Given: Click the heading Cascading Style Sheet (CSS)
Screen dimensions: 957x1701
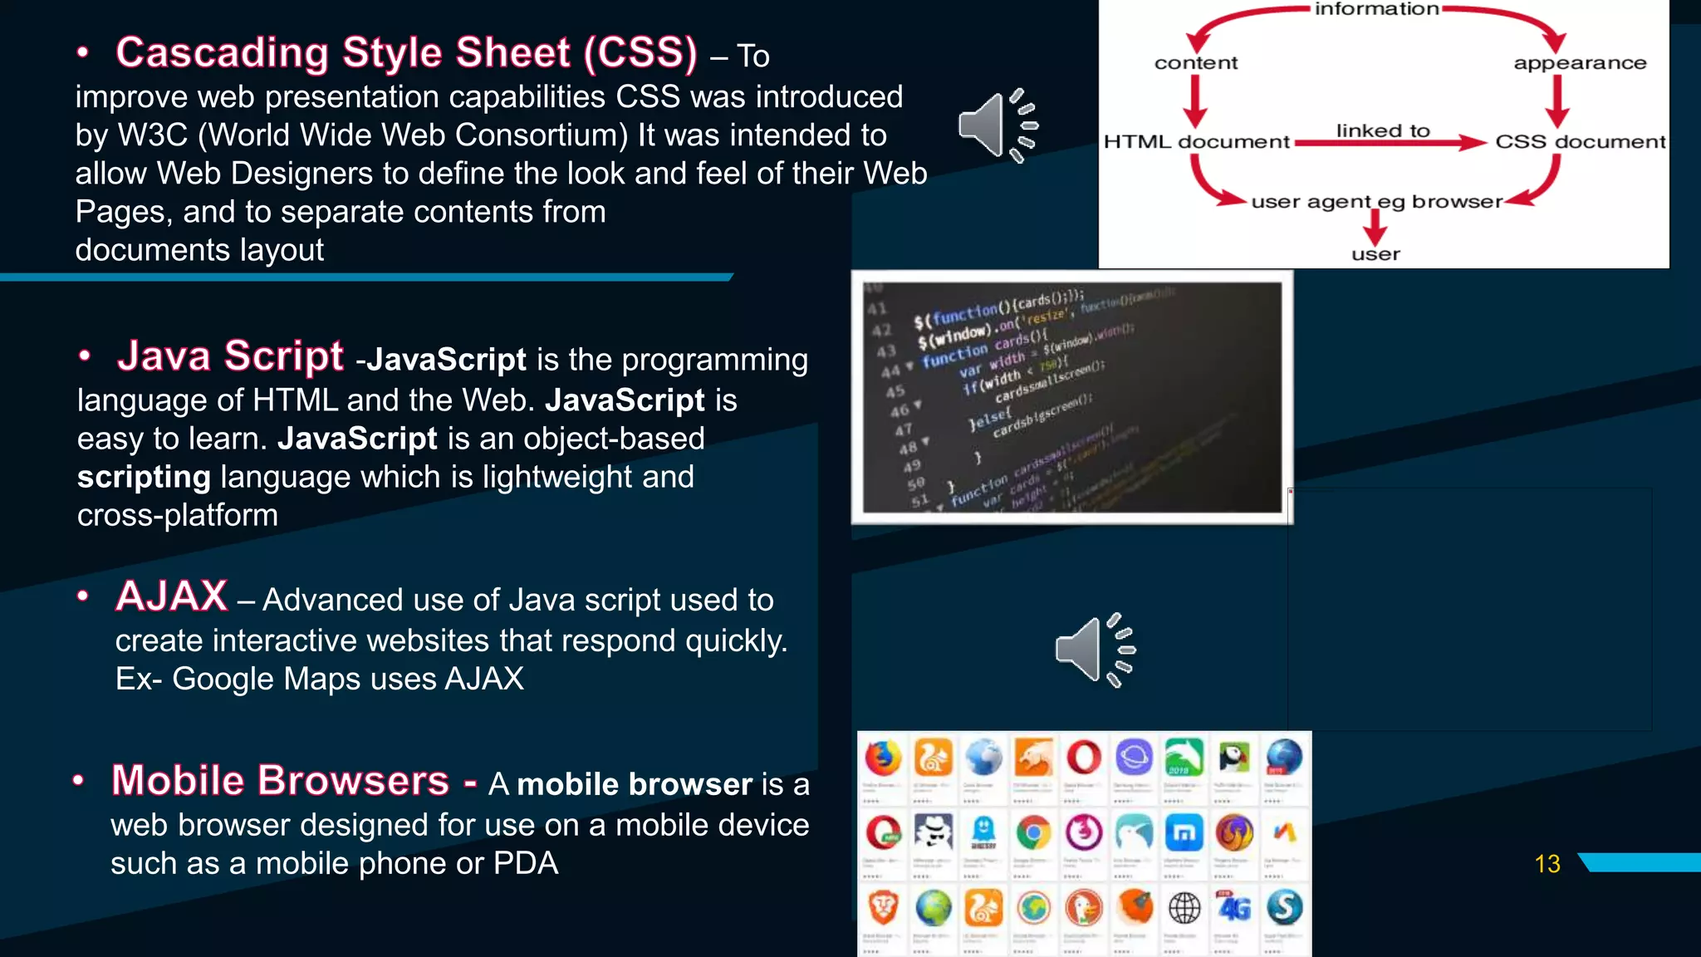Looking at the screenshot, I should click(x=406, y=53).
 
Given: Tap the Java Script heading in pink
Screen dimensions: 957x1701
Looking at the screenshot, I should click(x=230, y=356).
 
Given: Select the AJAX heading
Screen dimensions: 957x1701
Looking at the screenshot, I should click(x=172, y=596).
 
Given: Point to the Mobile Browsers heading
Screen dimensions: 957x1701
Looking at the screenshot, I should click(x=280, y=781).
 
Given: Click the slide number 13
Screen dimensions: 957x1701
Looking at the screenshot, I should click(x=1547, y=864).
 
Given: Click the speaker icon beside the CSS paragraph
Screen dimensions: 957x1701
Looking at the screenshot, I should click(x=998, y=125).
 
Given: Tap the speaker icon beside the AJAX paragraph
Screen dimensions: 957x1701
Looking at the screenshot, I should click(x=1094, y=650).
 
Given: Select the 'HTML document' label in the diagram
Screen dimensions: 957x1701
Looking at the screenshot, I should click(x=1196, y=142).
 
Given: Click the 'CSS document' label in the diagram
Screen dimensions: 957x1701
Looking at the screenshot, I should click(x=1580, y=142).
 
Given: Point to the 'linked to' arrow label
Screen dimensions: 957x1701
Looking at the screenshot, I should click(x=1382, y=130).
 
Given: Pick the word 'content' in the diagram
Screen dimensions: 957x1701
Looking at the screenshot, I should click(x=1195, y=63).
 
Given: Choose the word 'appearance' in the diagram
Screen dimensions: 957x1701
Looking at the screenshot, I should click(x=1579, y=63).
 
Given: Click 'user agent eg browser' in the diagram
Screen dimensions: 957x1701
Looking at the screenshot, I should click(x=1376, y=202).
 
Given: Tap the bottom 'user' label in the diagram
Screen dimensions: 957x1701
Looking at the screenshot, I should click(x=1375, y=255).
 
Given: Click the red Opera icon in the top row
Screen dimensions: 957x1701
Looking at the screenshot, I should click(x=1084, y=758).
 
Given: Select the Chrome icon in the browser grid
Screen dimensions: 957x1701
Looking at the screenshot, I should click(x=1033, y=832).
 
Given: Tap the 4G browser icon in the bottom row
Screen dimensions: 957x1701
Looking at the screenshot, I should click(x=1234, y=907).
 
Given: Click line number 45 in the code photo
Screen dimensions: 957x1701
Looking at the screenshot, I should click(x=895, y=391).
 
